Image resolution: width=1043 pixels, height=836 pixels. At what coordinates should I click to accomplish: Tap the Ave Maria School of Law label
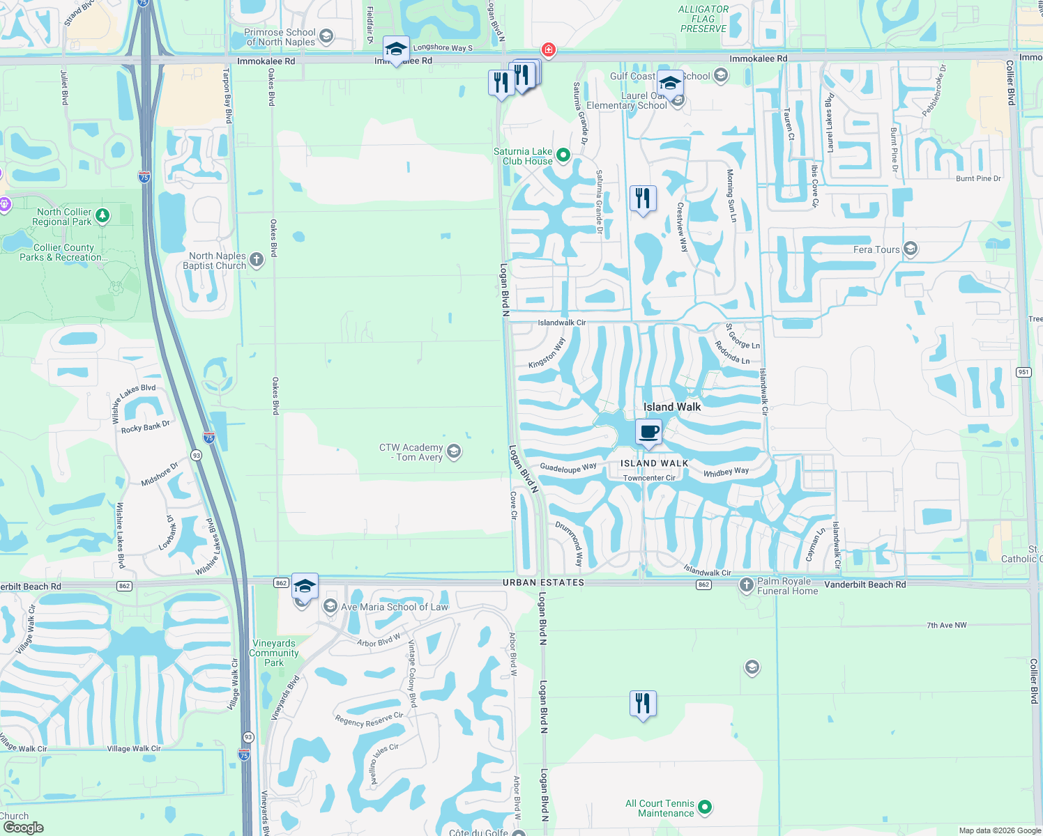click(394, 607)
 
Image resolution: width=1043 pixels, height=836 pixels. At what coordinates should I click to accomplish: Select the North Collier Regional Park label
click(63, 217)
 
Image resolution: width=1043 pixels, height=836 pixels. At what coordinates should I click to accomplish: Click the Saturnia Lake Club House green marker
click(563, 155)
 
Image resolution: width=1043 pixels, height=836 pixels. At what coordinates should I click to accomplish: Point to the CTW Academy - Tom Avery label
click(411, 452)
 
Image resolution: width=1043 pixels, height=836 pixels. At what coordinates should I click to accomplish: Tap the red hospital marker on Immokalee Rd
click(549, 49)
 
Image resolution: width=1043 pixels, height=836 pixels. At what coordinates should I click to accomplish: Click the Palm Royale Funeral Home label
click(787, 586)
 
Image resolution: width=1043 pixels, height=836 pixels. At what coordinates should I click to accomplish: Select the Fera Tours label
click(876, 249)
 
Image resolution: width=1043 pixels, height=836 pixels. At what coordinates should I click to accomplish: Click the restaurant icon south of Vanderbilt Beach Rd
click(643, 704)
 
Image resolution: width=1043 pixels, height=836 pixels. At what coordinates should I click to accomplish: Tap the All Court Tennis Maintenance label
click(660, 808)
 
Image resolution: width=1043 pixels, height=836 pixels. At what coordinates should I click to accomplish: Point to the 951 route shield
click(1023, 372)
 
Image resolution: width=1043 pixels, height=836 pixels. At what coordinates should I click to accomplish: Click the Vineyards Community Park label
click(274, 653)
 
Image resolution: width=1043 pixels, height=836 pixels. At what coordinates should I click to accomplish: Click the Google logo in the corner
click(23, 827)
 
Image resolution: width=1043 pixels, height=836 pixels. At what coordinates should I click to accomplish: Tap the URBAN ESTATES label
click(543, 582)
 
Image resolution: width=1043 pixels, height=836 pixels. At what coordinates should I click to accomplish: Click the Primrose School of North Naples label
click(280, 37)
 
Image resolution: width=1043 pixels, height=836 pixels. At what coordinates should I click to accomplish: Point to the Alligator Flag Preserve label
click(703, 19)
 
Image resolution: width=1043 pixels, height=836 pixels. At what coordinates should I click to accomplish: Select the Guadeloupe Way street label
click(568, 467)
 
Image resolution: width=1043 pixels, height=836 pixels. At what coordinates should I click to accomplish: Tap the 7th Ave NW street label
click(946, 625)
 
